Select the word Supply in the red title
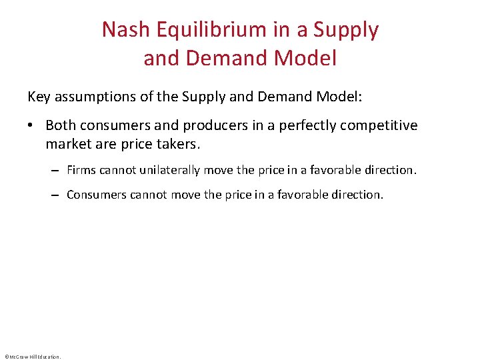346,29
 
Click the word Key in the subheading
38,97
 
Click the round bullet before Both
32,126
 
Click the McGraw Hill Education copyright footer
32,356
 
